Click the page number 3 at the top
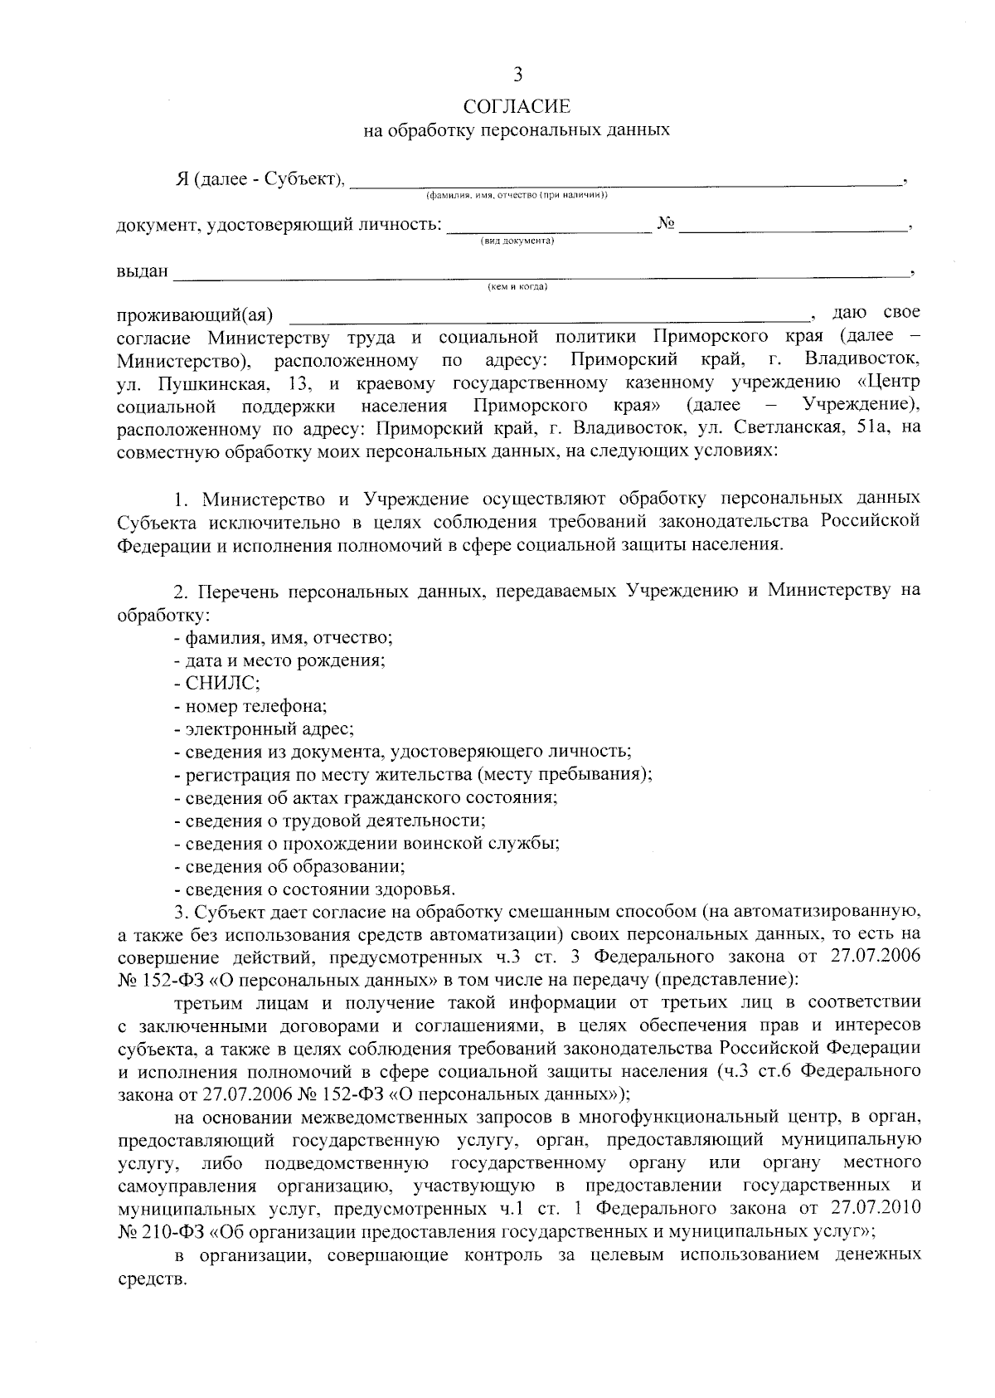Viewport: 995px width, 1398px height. coord(518,76)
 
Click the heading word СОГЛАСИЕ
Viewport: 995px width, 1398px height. coord(517,106)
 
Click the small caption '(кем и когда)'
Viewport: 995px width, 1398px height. coord(517,288)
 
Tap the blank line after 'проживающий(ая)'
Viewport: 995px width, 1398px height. coord(547,315)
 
